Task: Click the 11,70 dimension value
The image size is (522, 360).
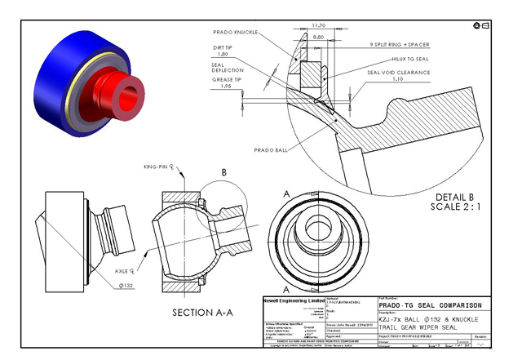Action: point(319,25)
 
